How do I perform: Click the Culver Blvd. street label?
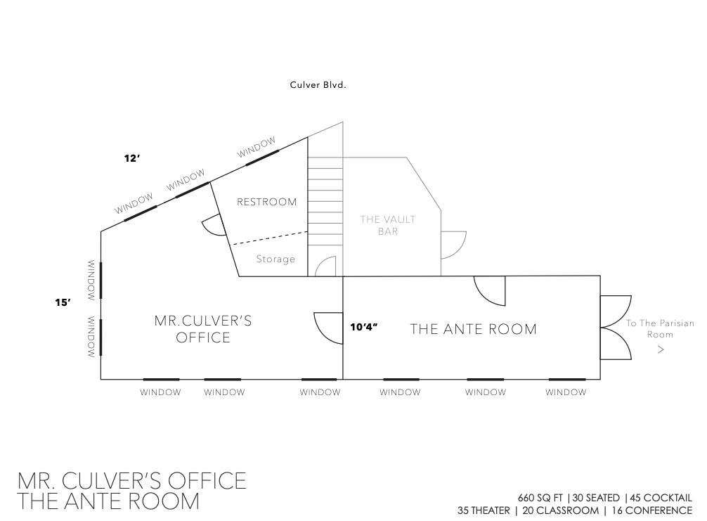318,85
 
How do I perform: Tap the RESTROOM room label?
267,202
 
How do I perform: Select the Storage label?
275,259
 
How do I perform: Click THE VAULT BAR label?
388,225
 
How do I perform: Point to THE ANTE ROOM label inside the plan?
474,329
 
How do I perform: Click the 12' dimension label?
132,158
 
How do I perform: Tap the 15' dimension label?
63,302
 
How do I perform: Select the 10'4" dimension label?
364,327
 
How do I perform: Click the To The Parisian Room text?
660,329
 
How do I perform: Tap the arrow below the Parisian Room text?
661,349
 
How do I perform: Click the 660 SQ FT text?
540,498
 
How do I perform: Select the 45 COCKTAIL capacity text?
661,498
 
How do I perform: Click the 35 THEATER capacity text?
484,510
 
